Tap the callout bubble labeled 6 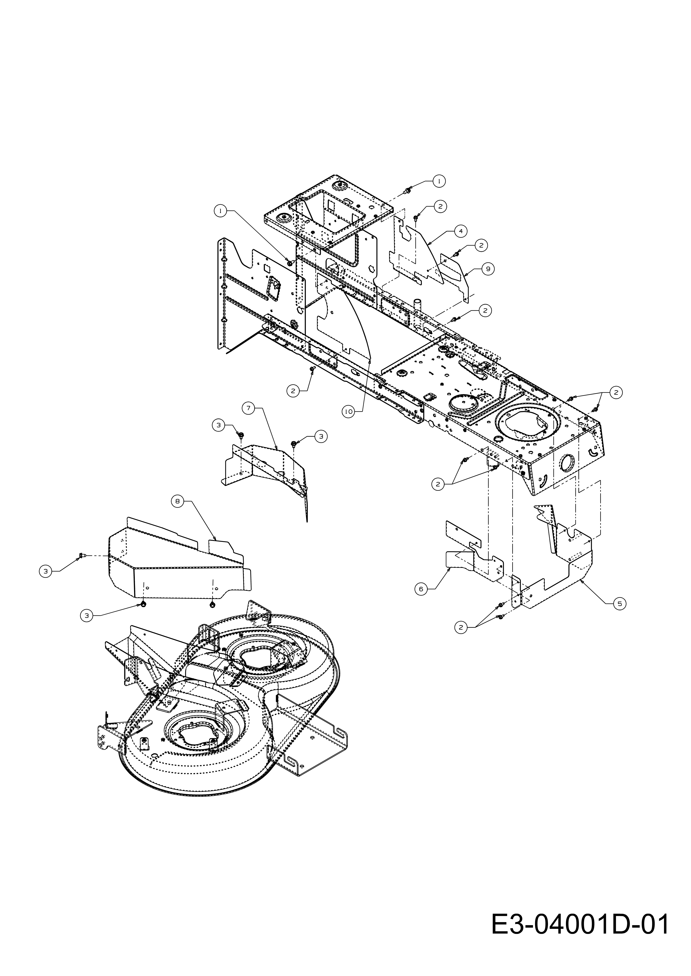(421, 588)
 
